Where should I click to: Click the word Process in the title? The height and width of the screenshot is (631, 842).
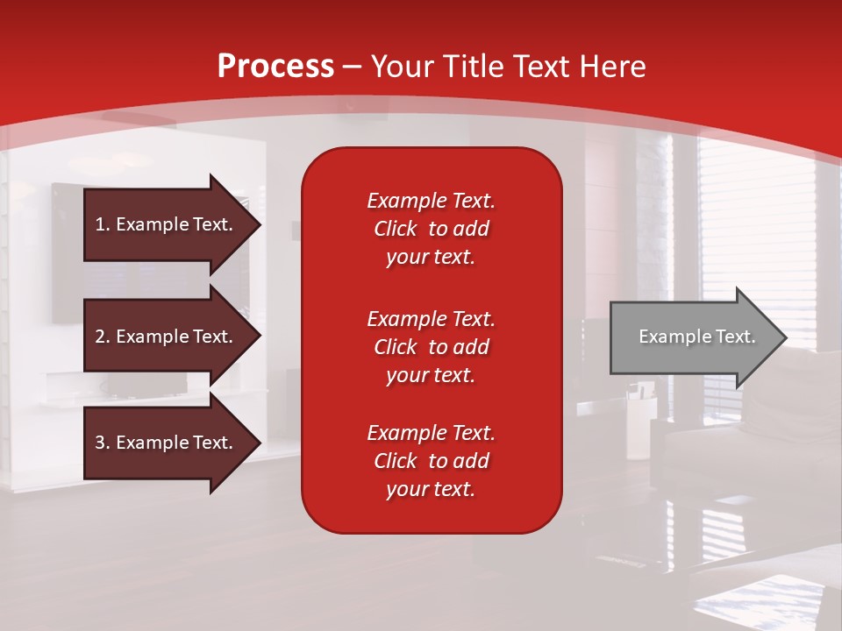[x=275, y=67]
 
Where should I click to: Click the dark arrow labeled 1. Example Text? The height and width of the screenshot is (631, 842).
[x=172, y=224]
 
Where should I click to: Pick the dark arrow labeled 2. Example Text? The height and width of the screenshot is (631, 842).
[x=172, y=336]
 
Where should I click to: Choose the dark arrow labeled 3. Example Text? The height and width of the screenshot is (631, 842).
[x=172, y=443]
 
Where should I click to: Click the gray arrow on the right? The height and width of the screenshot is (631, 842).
[x=698, y=337]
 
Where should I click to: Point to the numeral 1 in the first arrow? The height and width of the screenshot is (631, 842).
[x=100, y=224]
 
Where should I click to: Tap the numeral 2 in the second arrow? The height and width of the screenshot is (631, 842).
[x=100, y=337]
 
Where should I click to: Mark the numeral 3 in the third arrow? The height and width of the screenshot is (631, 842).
[x=100, y=443]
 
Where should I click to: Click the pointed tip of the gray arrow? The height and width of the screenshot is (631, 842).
[x=787, y=337]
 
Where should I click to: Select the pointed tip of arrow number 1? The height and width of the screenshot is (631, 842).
[x=260, y=224]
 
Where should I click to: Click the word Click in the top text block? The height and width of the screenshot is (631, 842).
[x=396, y=229]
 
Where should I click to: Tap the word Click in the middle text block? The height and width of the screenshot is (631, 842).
[x=396, y=347]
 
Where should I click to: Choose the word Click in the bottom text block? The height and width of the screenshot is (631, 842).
[x=396, y=460]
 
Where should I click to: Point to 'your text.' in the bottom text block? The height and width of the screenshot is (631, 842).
[x=431, y=489]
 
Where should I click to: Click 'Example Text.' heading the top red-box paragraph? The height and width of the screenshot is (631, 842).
[x=432, y=201]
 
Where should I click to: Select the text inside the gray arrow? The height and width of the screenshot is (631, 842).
[x=697, y=337]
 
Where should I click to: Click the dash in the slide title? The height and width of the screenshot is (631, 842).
[x=353, y=68]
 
